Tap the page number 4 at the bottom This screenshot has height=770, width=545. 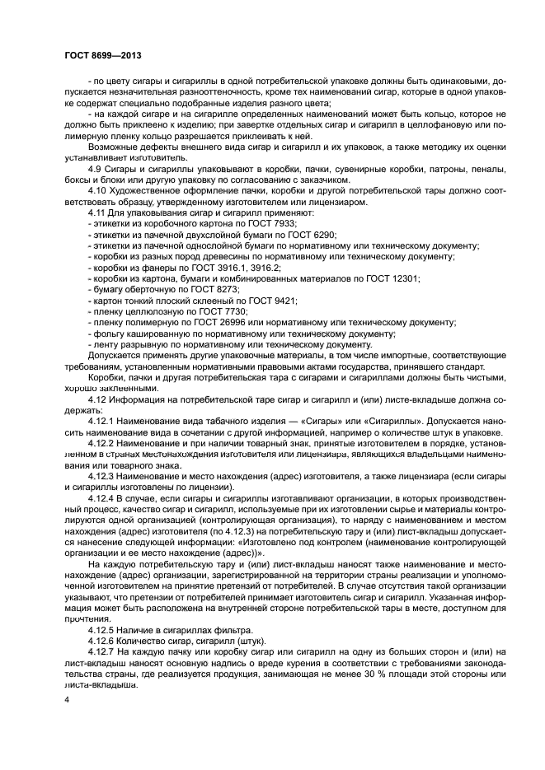(66, 700)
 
